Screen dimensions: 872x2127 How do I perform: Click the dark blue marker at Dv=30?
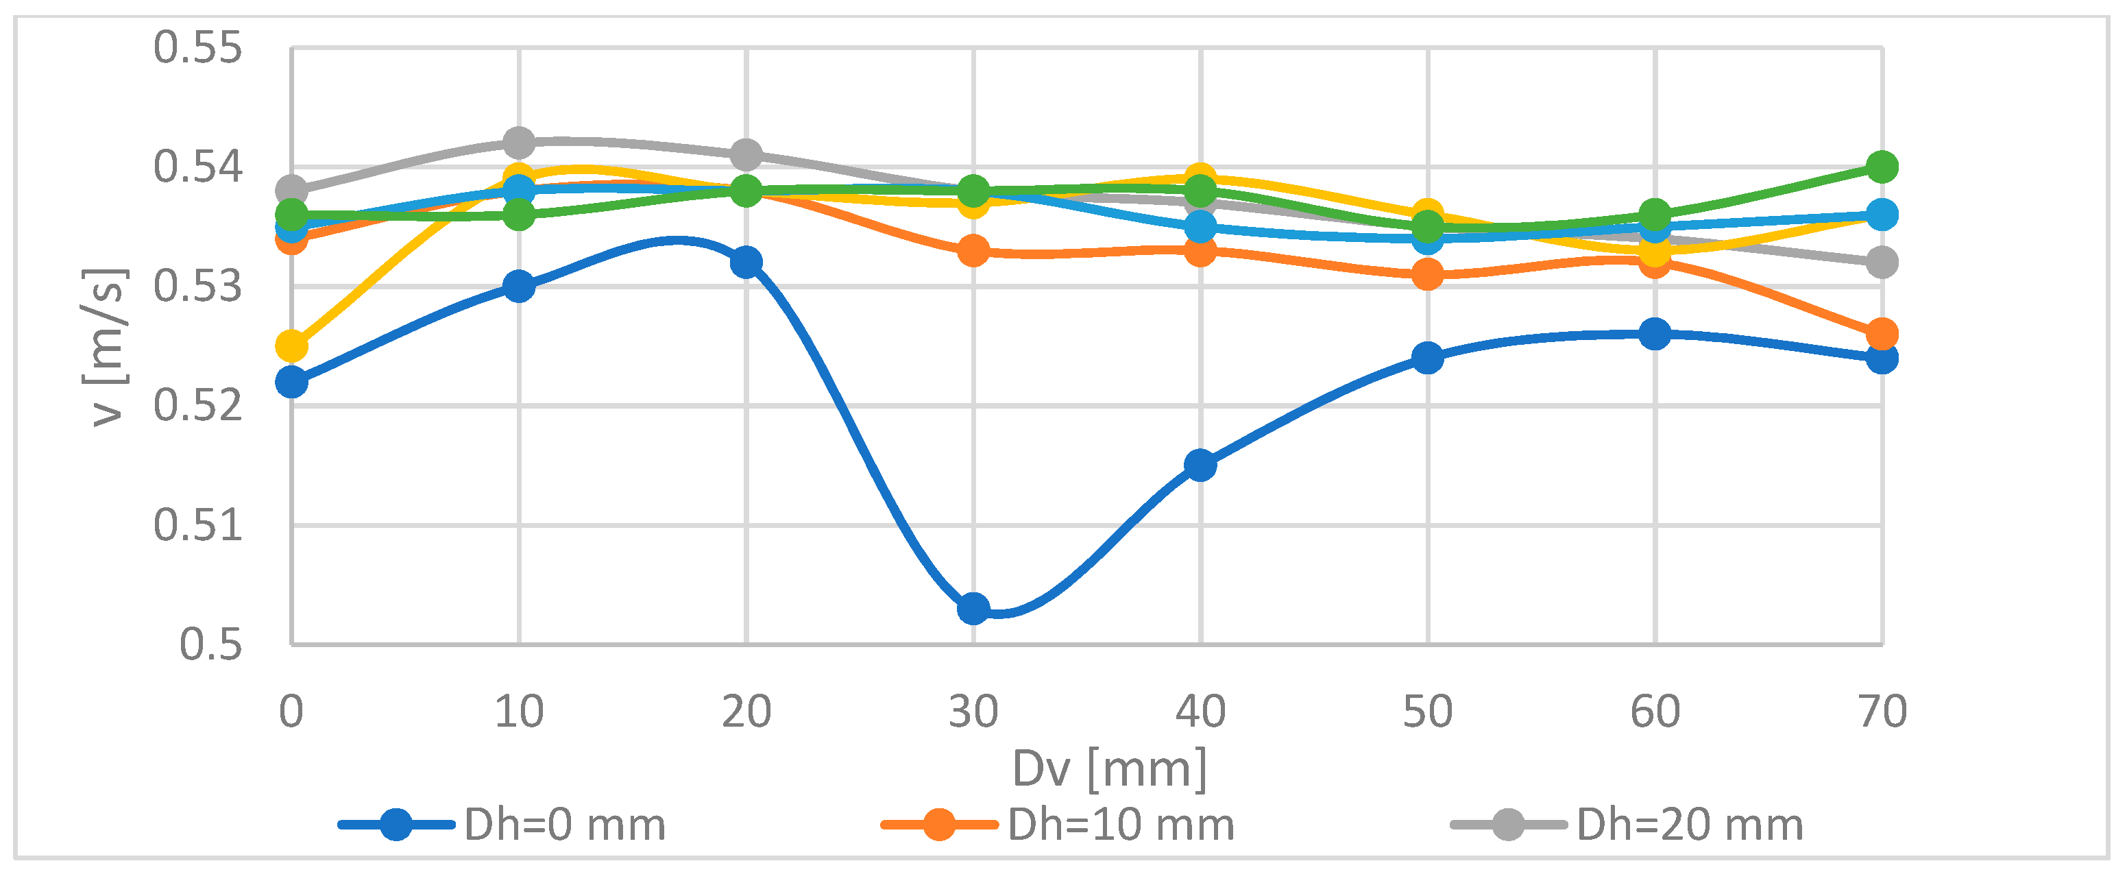click(973, 609)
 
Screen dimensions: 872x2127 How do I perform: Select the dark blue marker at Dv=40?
click(1200, 465)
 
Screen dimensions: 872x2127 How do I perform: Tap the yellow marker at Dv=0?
click(291, 346)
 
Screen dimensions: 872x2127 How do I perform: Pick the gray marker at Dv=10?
click(518, 142)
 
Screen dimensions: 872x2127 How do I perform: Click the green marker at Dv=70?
click(1882, 167)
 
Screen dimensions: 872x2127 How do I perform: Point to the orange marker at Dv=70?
click(1882, 335)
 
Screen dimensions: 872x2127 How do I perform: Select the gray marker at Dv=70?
click(1882, 263)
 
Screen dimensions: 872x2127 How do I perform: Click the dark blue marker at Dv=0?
click(291, 381)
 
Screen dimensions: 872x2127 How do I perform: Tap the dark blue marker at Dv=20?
click(746, 262)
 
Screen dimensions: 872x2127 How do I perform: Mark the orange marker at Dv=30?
click(973, 250)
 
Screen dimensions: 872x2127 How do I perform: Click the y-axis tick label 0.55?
click(198, 48)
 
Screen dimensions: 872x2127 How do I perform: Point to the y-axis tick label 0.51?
click(198, 525)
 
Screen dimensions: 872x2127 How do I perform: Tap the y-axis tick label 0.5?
click(210, 645)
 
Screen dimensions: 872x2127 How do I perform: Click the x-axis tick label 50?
click(1428, 712)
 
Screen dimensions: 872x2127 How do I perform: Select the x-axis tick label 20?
click(746, 712)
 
